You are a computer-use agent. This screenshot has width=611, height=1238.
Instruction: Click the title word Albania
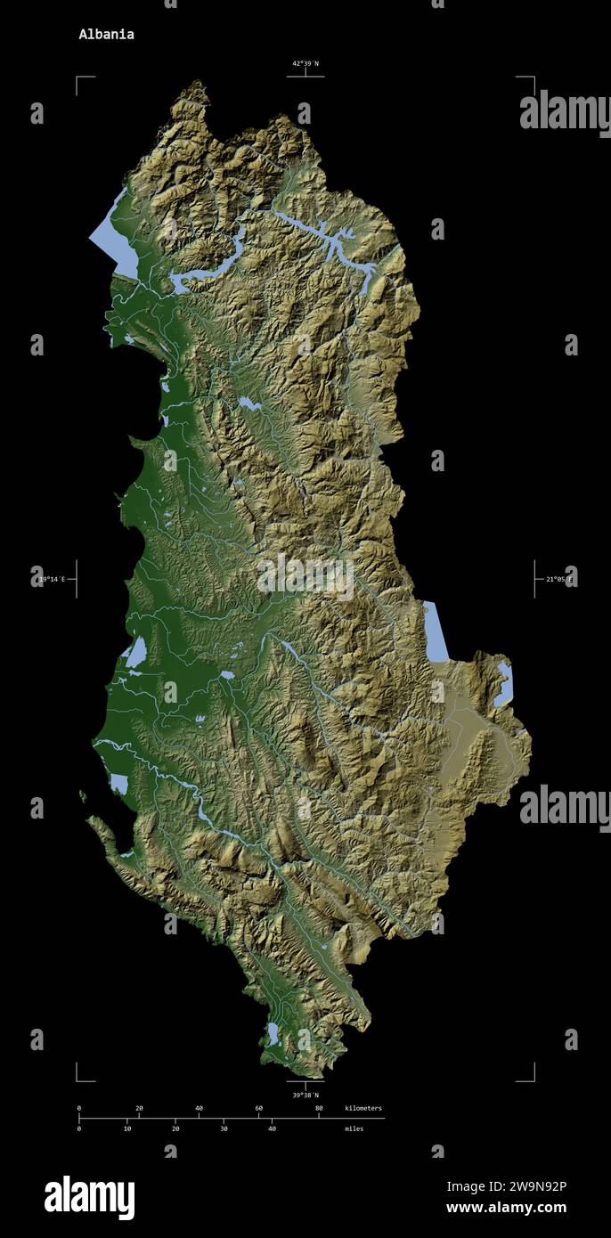point(106,35)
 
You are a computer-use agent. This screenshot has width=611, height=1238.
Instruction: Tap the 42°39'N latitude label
point(305,63)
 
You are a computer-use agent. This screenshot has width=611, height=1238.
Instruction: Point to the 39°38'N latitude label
point(305,1095)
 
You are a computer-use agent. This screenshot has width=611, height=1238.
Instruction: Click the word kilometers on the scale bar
point(363,1108)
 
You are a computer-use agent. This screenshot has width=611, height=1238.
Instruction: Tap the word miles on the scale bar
point(354,1128)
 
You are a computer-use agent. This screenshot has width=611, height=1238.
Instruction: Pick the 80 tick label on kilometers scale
point(319,1108)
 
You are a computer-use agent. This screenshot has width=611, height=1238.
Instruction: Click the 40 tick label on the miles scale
point(272,1128)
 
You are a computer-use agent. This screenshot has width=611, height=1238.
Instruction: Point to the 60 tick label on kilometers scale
point(258,1108)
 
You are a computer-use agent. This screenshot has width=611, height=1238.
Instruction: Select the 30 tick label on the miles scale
point(224,1128)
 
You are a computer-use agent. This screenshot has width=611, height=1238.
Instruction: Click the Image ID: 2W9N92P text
point(506,1185)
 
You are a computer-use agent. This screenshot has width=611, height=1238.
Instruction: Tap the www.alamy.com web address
point(506,1208)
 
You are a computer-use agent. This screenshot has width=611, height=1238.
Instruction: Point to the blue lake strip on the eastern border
point(436,632)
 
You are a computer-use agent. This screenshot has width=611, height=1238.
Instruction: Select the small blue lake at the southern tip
point(273,1033)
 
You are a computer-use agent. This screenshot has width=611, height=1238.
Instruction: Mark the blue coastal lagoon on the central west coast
point(136,652)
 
